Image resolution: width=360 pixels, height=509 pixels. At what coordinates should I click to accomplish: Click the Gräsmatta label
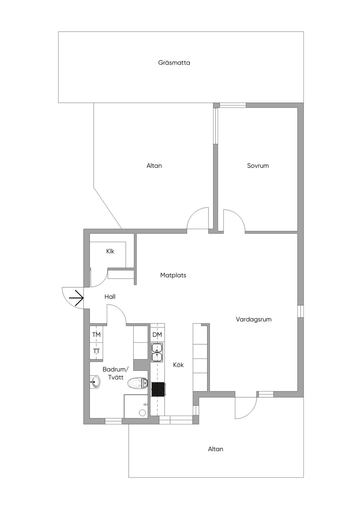pyautogui.click(x=174, y=63)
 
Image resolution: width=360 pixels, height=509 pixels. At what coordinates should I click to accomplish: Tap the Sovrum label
pyautogui.click(x=258, y=166)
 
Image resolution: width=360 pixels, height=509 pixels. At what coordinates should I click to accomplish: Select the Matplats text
pyautogui.click(x=173, y=275)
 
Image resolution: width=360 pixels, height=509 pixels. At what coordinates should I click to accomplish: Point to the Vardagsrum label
pyautogui.click(x=253, y=320)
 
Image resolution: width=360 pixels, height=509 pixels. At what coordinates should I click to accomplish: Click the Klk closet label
pyautogui.click(x=110, y=252)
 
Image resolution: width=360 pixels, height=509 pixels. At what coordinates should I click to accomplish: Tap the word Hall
pyautogui.click(x=110, y=297)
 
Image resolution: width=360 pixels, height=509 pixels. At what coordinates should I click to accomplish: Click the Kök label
pyautogui.click(x=178, y=365)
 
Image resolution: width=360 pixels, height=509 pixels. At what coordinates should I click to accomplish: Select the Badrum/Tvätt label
pyautogui.click(x=116, y=373)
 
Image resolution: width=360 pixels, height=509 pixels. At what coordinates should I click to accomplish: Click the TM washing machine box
pyautogui.click(x=96, y=335)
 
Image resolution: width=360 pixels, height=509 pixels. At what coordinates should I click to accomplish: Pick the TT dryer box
pyautogui.click(x=96, y=351)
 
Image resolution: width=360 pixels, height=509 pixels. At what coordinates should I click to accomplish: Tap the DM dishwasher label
pyautogui.click(x=157, y=335)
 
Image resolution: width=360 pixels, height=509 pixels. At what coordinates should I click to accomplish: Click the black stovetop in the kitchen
pyautogui.click(x=158, y=389)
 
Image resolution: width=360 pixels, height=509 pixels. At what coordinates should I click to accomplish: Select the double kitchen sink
pyautogui.click(x=157, y=352)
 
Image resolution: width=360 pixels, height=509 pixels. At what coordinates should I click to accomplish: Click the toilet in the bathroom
pyautogui.click(x=137, y=383)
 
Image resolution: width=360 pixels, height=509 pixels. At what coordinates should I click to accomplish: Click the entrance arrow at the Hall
pyautogui.click(x=77, y=299)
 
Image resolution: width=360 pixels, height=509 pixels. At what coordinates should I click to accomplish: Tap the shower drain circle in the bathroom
pyautogui.click(x=142, y=413)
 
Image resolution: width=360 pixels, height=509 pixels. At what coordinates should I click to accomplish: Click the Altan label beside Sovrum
pyautogui.click(x=154, y=166)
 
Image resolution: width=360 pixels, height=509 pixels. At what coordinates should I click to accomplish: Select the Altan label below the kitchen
pyautogui.click(x=216, y=449)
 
